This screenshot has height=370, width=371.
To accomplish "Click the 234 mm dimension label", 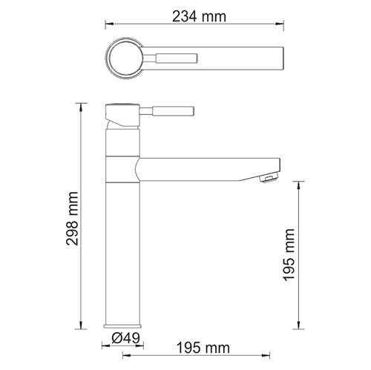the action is (x=199, y=16).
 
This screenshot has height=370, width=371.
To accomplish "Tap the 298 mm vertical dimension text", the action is (x=73, y=218).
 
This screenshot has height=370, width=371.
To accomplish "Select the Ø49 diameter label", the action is (x=125, y=338).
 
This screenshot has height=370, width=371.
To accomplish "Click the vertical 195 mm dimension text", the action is (x=289, y=254).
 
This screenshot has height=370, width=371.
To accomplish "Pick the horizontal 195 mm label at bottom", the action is (x=203, y=348).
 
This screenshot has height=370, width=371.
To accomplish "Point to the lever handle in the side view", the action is (x=167, y=110).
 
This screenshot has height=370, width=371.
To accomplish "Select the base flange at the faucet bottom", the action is (x=123, y=326).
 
